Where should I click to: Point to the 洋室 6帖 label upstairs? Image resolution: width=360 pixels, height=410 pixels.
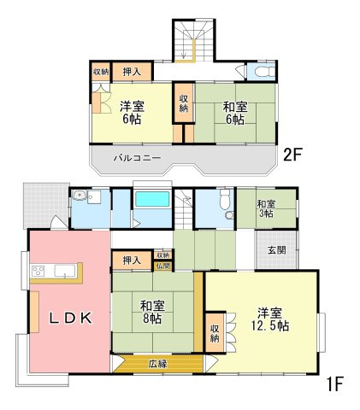pyautogui.click(x=130, y=113)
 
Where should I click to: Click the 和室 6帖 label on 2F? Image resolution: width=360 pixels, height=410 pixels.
pyautogui.click(x=234, y=113)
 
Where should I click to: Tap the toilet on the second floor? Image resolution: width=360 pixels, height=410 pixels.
pyautogui.click(x=263, y=72)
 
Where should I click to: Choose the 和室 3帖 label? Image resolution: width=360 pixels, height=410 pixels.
pyautogui.click(x=266, y=209)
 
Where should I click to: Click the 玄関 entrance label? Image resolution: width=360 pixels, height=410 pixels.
pyautogui.click(x=277, y=250)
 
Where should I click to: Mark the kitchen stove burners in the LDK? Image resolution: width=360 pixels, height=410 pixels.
pyautogui.click(x=38, y=272)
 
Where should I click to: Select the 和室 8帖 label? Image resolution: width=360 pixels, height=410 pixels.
pyautogui.click(x=152, y=310)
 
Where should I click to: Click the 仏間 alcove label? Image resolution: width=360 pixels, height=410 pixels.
pyautogui.click(x=163, y=266)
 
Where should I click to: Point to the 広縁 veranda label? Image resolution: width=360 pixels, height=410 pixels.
pyautogui.click(x=157, y=364)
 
